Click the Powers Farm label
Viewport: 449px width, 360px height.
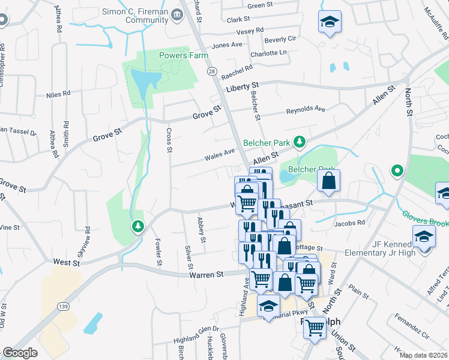tap(184, 56)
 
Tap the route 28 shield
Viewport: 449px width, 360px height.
tap(212, 71)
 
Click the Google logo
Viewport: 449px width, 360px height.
tap(20, 353)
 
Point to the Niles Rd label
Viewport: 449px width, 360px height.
tap(58, 94)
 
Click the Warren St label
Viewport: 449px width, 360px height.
tap(206, 274)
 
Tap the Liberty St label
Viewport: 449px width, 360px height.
tap(242, 88)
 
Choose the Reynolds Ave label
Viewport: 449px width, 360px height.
tap(305, 110)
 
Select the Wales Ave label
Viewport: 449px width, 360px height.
tap(219, 154)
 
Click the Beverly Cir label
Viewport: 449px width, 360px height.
tap(280, 39)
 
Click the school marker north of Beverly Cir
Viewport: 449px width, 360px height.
tap(330, 23)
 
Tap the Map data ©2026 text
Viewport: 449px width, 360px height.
tap(423, 355)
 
